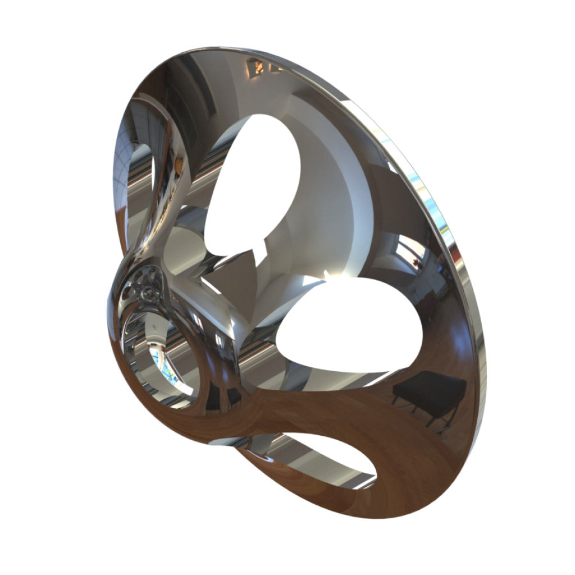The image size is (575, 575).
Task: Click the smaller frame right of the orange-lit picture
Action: point(276,68)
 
